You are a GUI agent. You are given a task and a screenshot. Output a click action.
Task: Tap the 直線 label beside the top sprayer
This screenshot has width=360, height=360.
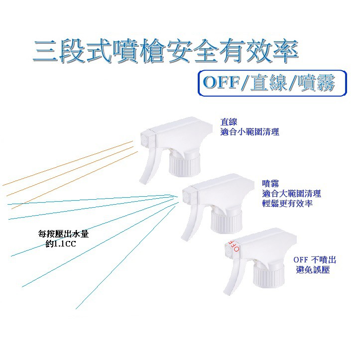click(x=229, y=121)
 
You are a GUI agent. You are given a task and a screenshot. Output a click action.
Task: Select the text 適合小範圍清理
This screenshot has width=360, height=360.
click(x=250, y=132)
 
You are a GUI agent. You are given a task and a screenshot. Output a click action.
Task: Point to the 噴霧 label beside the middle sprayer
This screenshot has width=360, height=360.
click(x=270, y=184)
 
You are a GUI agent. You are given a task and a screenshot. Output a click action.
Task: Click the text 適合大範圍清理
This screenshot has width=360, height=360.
click(x=292, y=194)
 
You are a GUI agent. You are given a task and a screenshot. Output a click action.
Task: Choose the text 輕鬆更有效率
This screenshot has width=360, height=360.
click(x=287, y=204)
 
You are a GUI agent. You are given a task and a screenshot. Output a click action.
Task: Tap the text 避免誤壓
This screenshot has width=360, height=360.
click(x=313, y=270)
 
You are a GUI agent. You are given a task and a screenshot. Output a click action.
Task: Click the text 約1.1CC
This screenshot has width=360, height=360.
click(x=61, y=244)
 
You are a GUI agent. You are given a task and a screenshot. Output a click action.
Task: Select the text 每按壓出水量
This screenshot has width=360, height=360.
click(x=63, y=234)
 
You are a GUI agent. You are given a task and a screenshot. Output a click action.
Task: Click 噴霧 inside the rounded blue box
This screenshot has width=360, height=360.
click(x=316, y=82)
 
